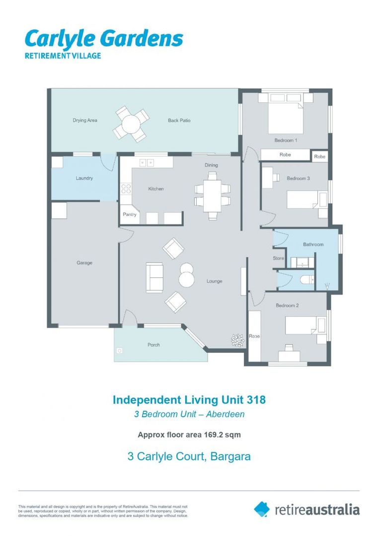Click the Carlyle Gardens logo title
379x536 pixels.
[x=103, y=39]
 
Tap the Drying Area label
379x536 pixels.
[x=85, y=120]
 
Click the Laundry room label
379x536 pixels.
[x=84, y=178]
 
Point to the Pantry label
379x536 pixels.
[x=130, y=215]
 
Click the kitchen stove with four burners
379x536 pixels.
[x=126, y=189]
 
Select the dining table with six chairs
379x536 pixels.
[x=213, y=195]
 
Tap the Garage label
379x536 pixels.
[x=84, y=263]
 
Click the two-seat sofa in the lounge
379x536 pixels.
[x=154, y=277]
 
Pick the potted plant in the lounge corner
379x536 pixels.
[x=238, y=339]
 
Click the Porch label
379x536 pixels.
[x=153, y=344]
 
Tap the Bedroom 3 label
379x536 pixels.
[x=298, y=178]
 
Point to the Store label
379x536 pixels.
[x=279, y=259]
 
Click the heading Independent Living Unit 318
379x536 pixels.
[x=189, y=400]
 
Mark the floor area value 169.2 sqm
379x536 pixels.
[x=222, y=435]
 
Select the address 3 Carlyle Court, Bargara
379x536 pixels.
[x=189, y=456]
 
